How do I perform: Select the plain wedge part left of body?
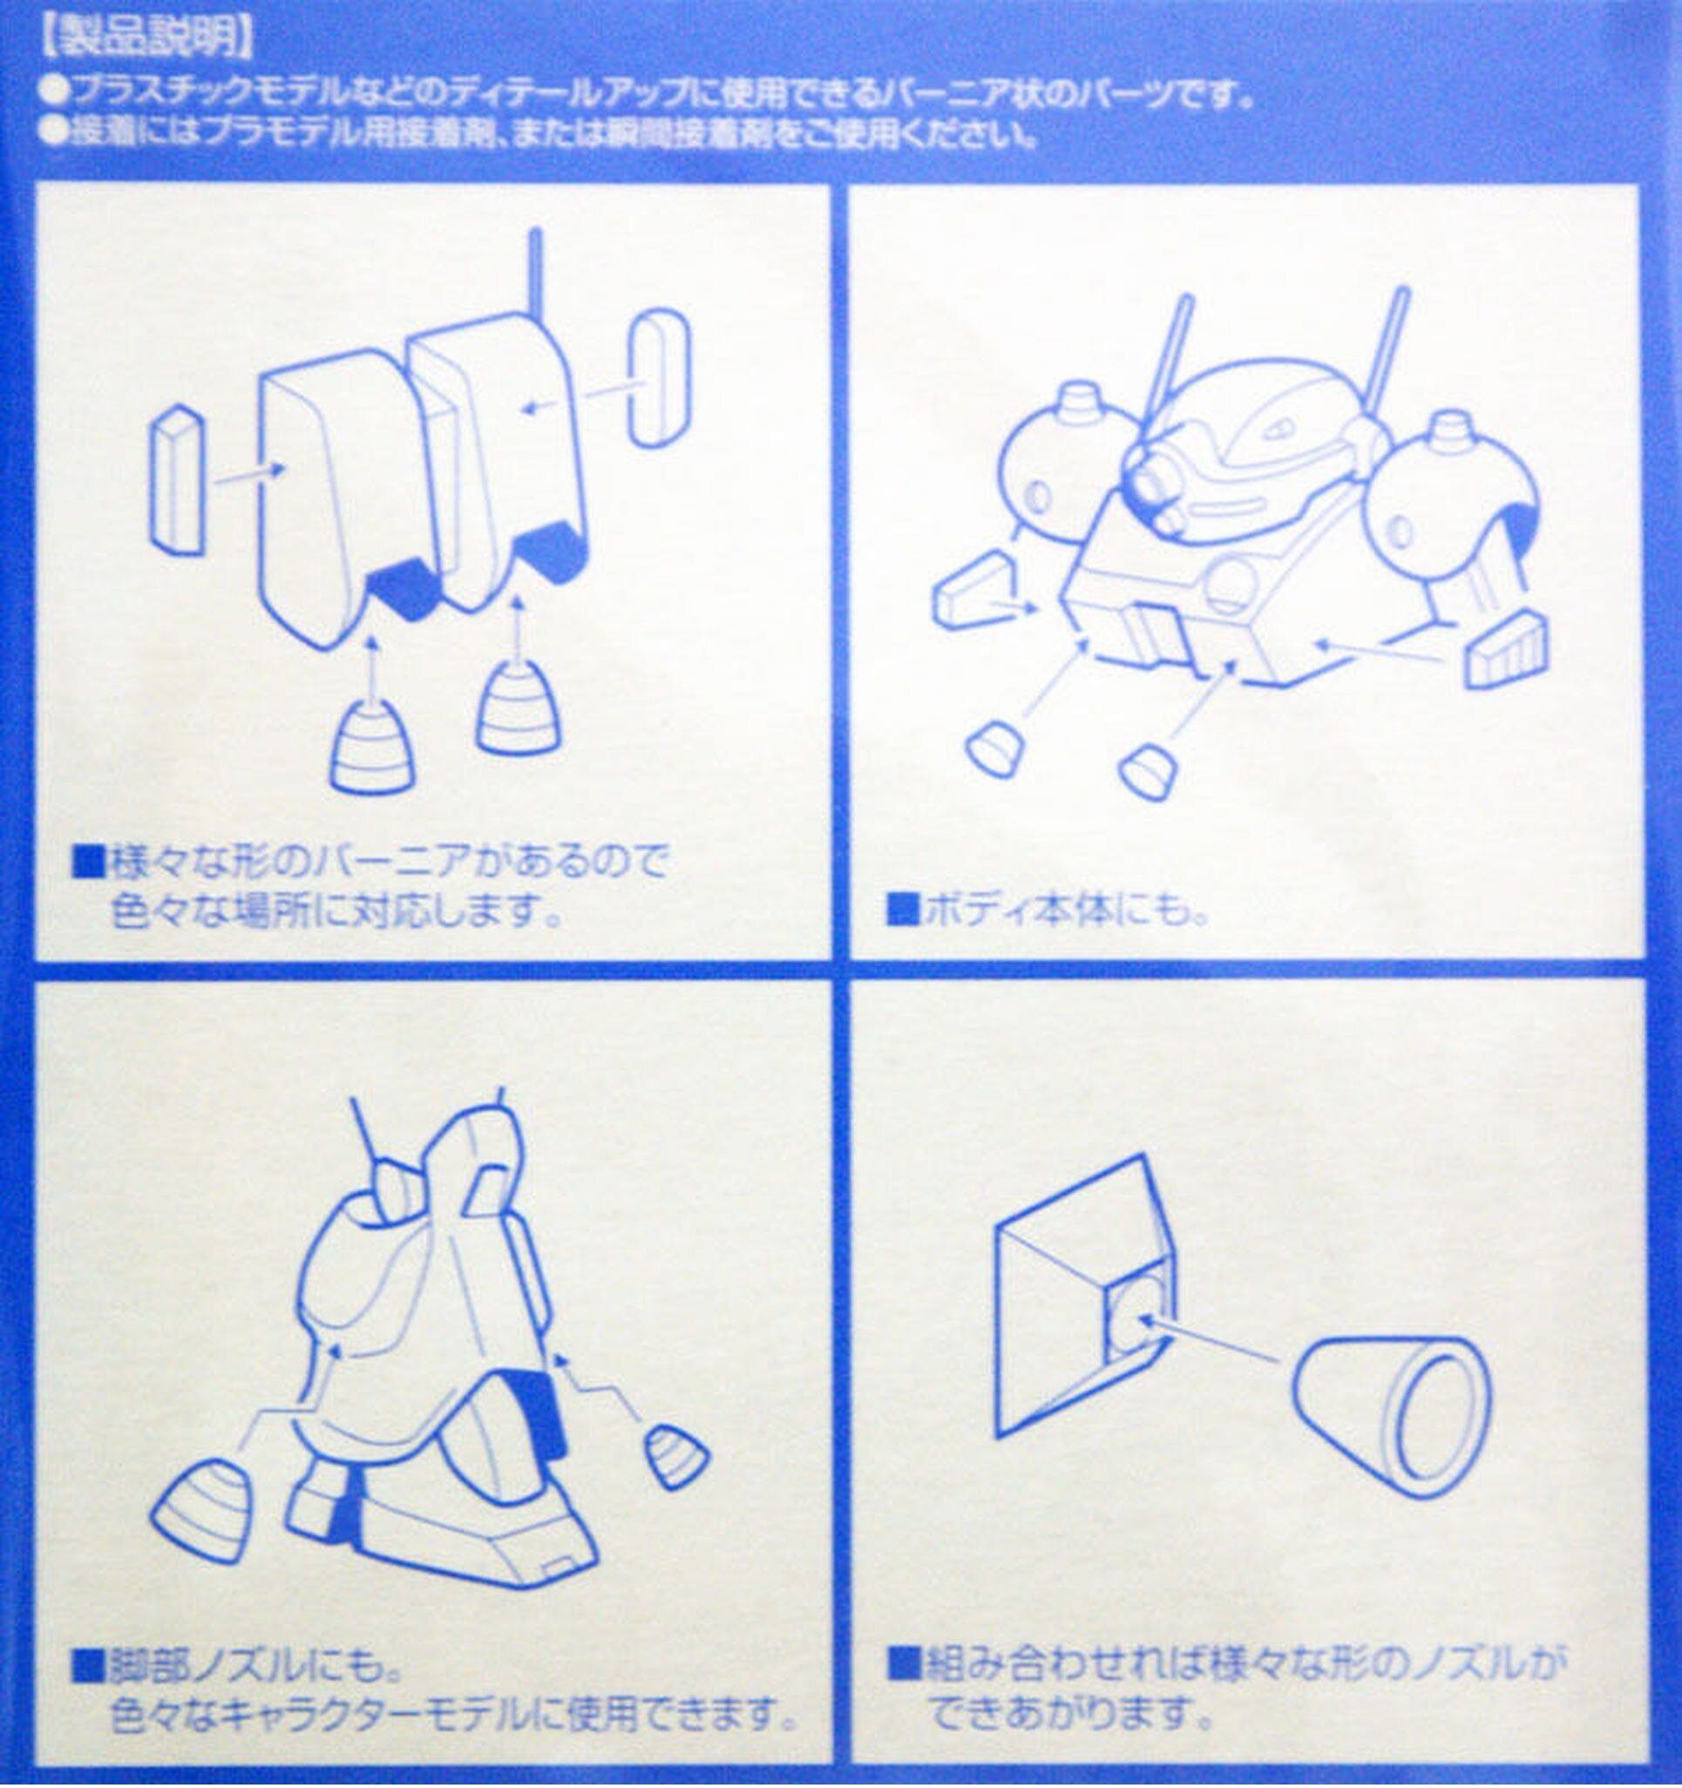tap(975, 590)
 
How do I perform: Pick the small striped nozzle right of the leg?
tap(676, 1456)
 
